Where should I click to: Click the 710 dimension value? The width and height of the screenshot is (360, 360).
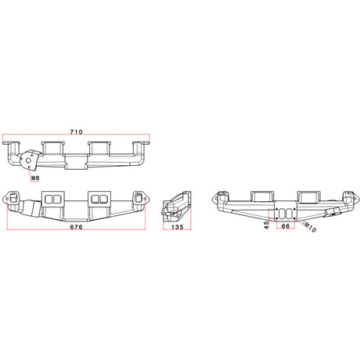tap(76, 132)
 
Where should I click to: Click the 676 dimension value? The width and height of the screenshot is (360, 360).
tap(76, 227)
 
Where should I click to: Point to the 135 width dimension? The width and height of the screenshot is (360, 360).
tap(178, 227)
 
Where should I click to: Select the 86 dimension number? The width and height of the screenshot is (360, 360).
tap(286, 226)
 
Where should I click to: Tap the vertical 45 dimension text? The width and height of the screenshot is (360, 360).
tap(266, 225)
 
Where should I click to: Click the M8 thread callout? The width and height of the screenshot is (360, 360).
tap(35, 178)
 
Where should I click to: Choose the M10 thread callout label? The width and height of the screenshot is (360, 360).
tap(311, 227)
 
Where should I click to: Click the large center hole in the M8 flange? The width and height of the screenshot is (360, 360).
tap(28, 160)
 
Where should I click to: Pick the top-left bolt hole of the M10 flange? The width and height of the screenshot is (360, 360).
tap(277, 209)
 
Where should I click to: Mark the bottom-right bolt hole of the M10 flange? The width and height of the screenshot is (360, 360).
tap(295, 218)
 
